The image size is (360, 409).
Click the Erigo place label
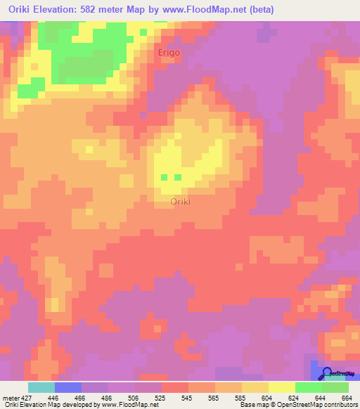[x=169, y=53]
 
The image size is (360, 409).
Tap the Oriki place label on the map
[x=181, y=202]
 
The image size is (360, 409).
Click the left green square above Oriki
[x=165, y=178]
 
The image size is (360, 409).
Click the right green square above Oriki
[x=178, y=178]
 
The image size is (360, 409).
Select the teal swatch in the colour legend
[x=41, y=387]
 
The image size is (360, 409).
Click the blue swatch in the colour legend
[x=68, y=387]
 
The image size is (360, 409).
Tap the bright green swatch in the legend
[x=309, y=387]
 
